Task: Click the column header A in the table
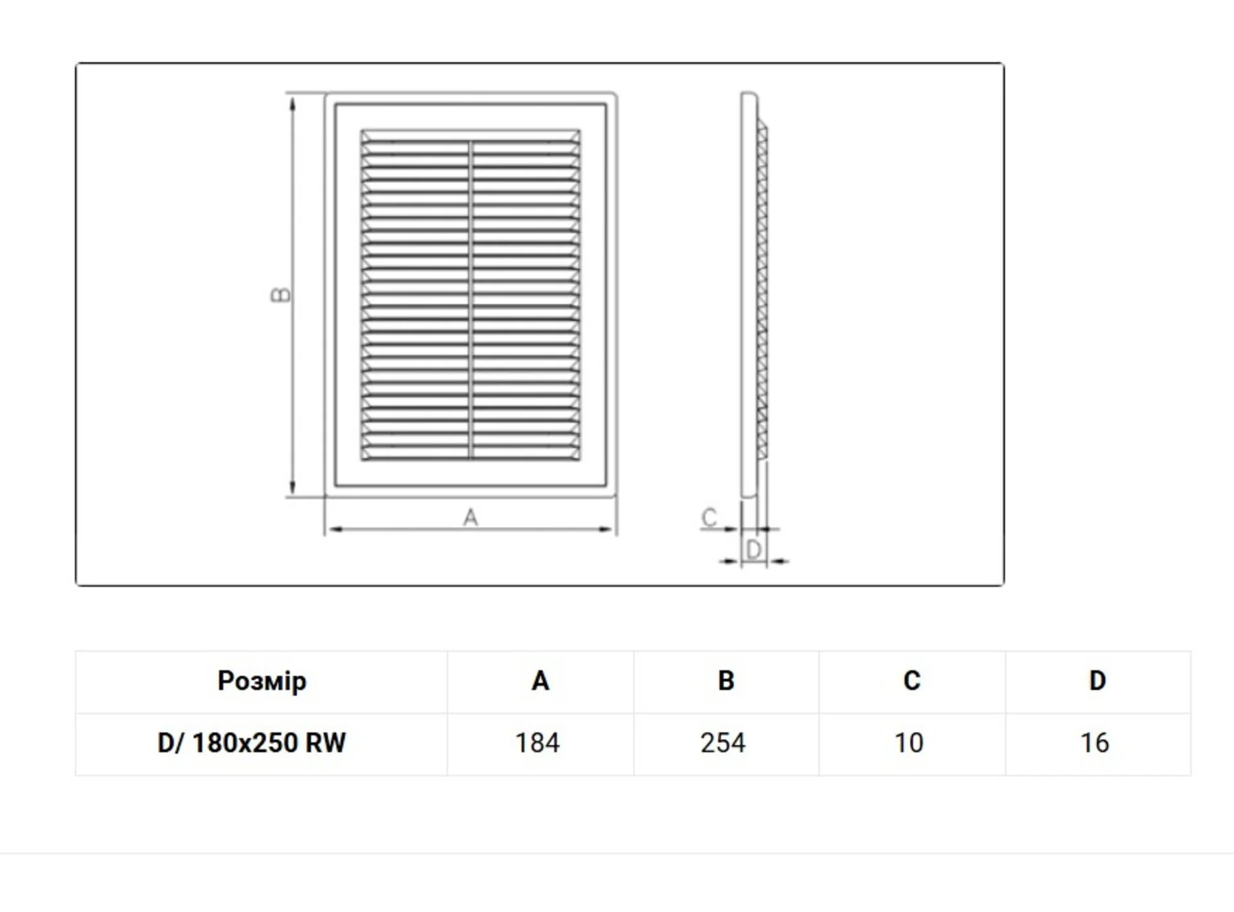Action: pyautogui.click(x=540, y=681)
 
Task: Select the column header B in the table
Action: pyautogui.click(x=726, y=681)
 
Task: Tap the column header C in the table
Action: pyautogui.click(x=911, y=681)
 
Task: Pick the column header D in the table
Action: pyautogui.click(x=1097, y=681)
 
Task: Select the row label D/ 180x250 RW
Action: pyautogui.click(x=251, y=743)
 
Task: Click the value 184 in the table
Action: pyautogui.click(x=537, y=743)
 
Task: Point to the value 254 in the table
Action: pyautogui.click(x=723, y=743)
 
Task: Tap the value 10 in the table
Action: pyautogui.click(x=909, y=743)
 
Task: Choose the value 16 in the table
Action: pyautogui.click(x=1095, y=743)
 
